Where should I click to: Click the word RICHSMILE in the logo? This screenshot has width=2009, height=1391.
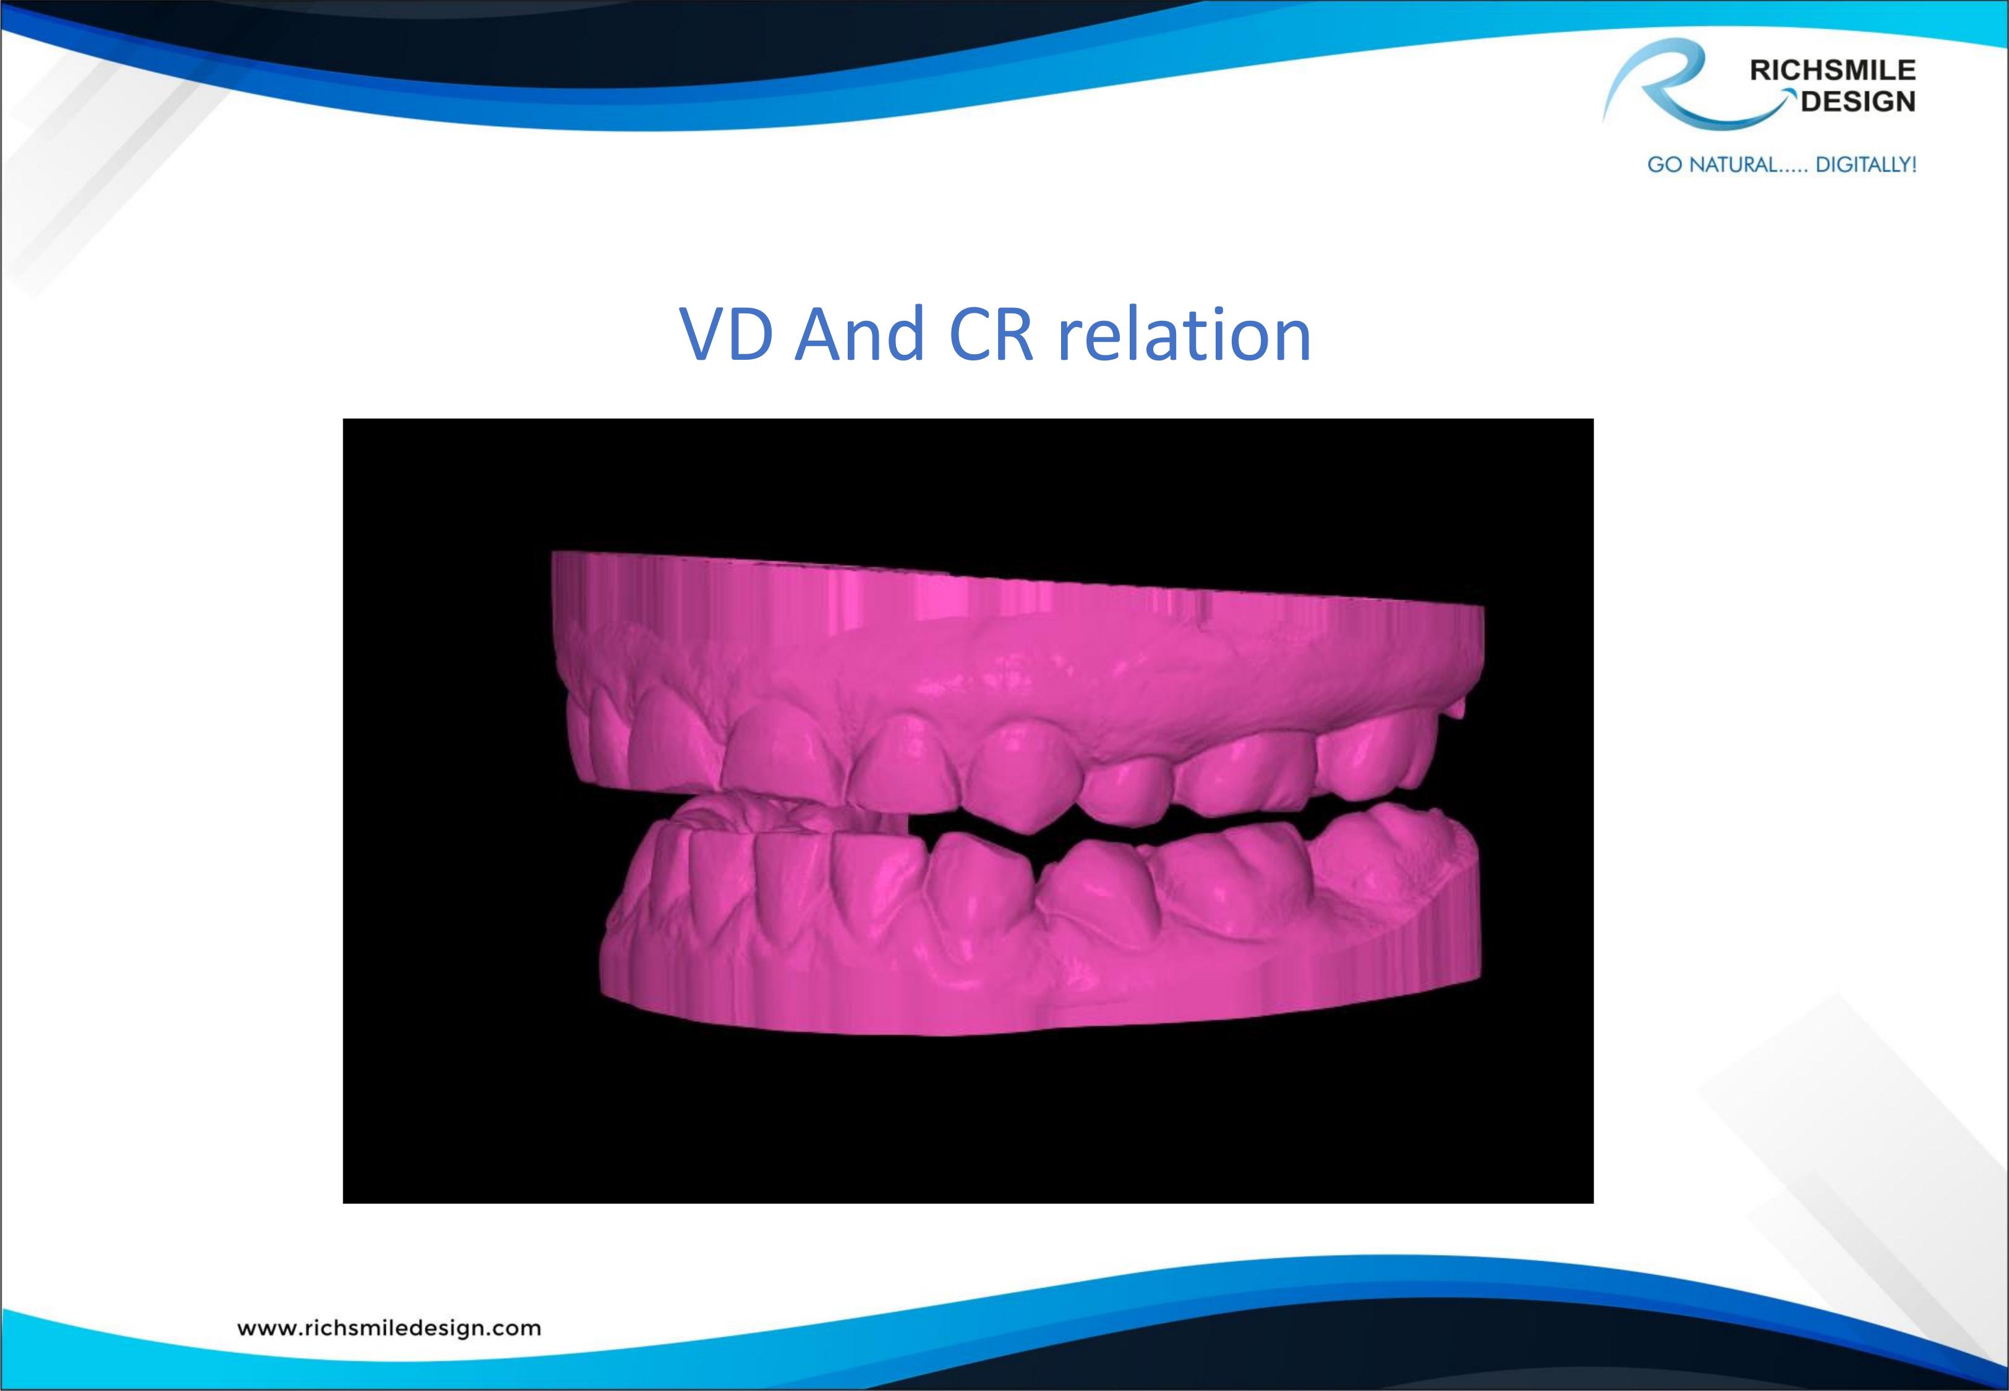(1832, 70)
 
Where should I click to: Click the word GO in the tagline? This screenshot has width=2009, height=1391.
(1663, 164)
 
